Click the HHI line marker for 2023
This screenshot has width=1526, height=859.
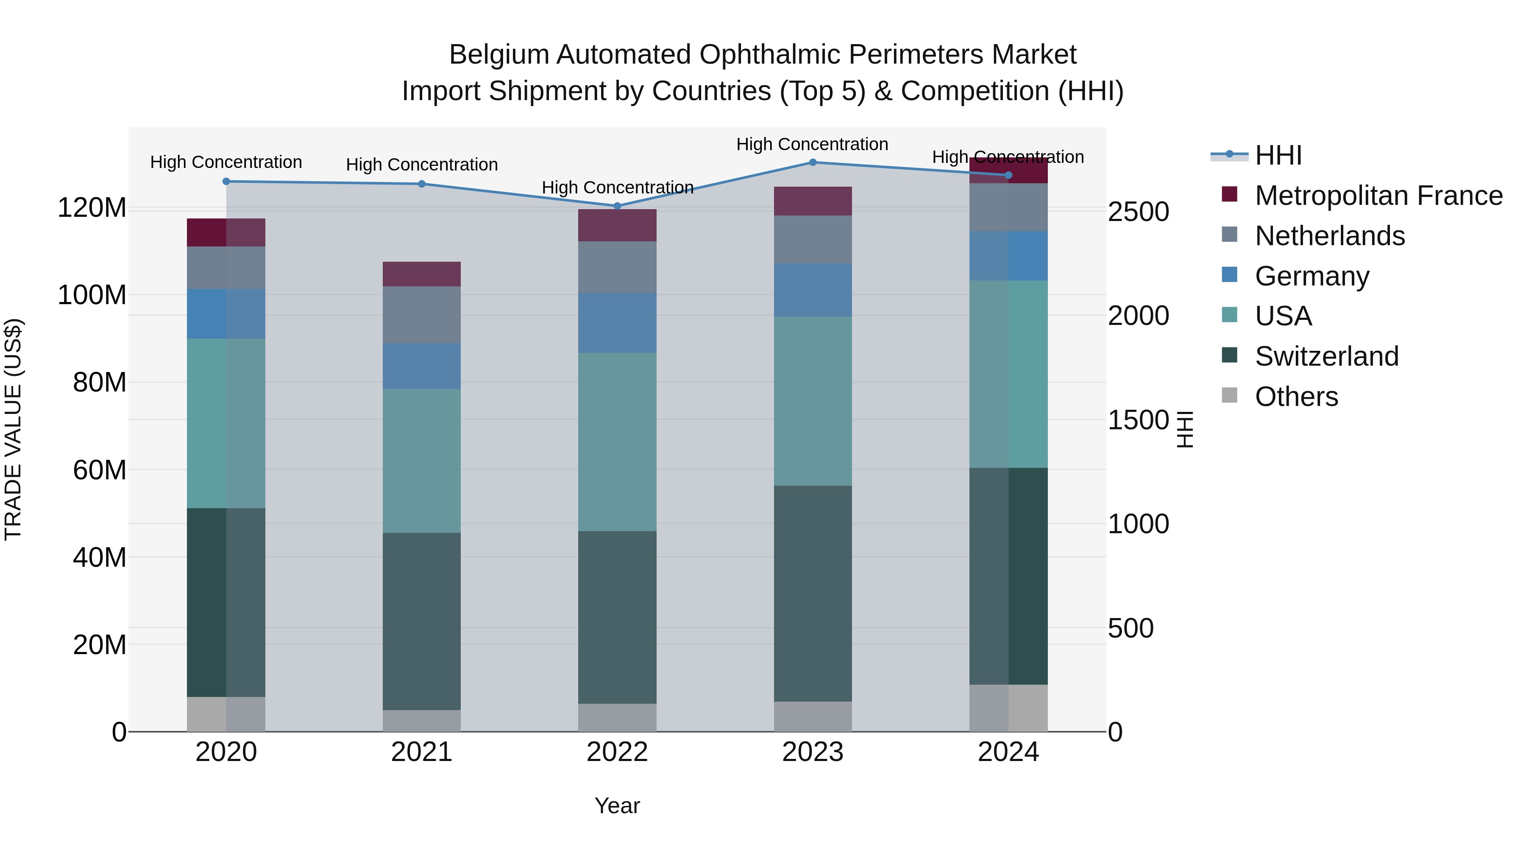pos(813,162)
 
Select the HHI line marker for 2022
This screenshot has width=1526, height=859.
pos(617,206)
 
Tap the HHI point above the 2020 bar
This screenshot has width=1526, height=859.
pos(226,182)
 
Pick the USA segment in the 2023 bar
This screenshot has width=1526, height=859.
pos(813,401)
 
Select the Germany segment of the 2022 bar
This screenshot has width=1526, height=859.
pos(617,322)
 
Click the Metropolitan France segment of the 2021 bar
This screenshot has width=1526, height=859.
pos(422,274)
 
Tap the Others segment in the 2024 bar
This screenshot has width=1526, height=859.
pos(1008,708)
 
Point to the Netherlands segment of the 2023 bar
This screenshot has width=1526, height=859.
pos(813,240)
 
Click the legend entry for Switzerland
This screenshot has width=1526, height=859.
pos(1326,356)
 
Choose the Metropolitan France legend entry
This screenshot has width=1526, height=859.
pos(1378,196)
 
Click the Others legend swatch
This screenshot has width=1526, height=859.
pos(1230,395)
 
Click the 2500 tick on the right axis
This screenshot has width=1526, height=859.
pos(1138,212)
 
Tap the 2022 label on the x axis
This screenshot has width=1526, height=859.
pos(617,752)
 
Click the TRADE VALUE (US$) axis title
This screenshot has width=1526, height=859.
pos(13,429)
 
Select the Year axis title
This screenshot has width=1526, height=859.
pos(617,806)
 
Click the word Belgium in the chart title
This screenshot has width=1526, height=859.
pos(499,55)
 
